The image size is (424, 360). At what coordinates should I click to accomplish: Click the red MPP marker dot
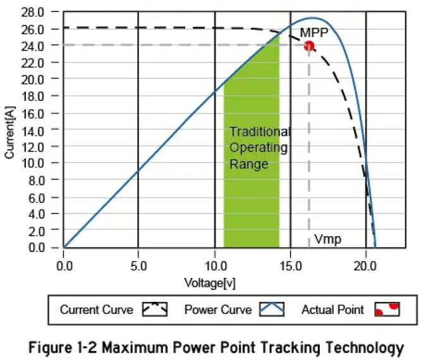[309, 46]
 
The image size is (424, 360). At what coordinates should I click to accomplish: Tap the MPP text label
[313, 32]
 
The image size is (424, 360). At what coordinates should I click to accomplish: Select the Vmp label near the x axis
[327, 240]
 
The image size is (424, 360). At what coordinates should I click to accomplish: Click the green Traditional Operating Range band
[251, 189]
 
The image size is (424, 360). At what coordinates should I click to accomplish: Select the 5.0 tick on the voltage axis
[138, 265]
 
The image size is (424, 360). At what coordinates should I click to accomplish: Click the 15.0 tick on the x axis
[290, 265]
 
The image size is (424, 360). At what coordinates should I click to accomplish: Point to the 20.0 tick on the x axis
[366, 265]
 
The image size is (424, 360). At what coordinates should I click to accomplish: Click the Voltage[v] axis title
[209, 282]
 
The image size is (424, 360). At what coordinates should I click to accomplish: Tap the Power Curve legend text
[218, 309]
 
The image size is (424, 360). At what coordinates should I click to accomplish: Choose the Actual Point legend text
[332, 309]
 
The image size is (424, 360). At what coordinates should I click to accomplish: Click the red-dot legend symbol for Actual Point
[387, 309]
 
